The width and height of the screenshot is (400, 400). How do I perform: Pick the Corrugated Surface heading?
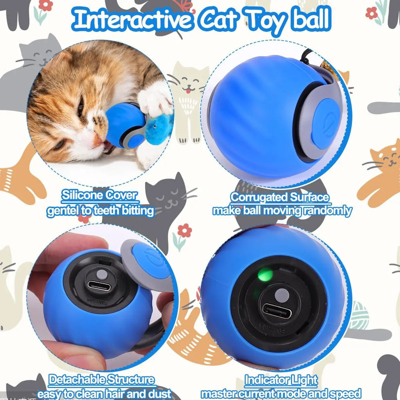[x=280, y=197]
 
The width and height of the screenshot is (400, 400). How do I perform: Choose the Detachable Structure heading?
[x=102, y=379]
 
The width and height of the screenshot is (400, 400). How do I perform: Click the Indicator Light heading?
[x=281, y=380]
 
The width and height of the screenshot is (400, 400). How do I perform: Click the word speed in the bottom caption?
[x=345, y=393]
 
